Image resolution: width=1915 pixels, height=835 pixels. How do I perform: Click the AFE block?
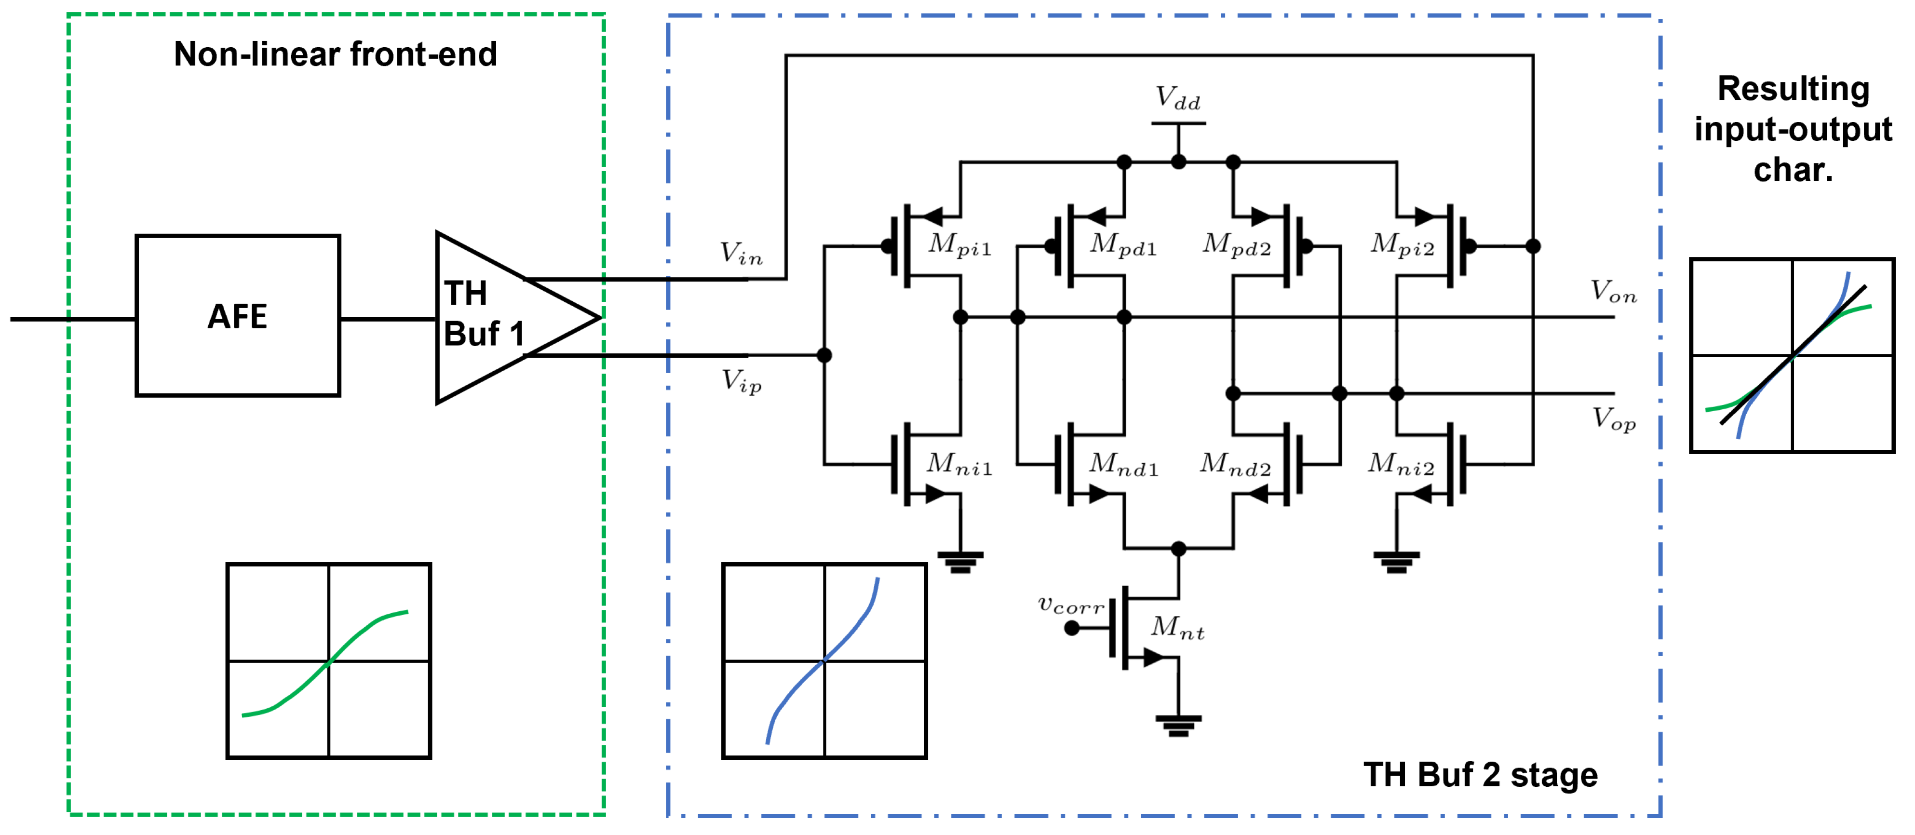point(237,316)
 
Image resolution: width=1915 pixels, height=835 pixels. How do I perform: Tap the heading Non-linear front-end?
point(335,54)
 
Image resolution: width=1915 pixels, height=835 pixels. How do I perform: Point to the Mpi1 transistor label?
point(959,244)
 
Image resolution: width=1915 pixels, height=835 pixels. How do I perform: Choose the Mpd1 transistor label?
point(1122,244)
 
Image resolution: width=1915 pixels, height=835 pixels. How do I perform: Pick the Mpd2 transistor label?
point(1236,244)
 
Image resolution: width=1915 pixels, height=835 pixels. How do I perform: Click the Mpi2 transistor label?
point(1402,244)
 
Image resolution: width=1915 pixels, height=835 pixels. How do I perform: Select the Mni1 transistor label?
point(959,465)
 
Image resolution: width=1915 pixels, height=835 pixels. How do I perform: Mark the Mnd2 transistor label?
point(1235,465)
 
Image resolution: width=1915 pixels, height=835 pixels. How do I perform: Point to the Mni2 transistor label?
point(1401,465)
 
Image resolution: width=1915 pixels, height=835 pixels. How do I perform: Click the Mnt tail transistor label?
point(1177,628)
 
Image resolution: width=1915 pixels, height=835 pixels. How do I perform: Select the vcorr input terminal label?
point(1070,605)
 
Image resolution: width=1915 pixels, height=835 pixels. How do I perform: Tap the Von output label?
point(1613,292)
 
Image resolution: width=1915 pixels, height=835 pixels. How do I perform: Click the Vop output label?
point(1613,418)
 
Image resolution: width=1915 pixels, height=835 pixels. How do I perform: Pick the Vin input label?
point(741,254)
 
